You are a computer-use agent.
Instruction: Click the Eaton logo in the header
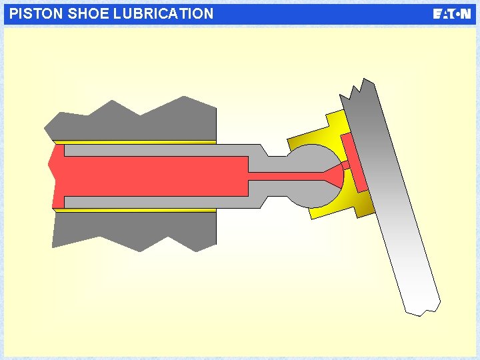point(452,14)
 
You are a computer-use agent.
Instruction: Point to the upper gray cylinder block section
point(133,123)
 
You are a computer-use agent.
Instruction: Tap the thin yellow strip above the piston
point(133,142)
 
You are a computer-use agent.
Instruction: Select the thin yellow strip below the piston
point(133,210)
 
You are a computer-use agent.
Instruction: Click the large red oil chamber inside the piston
point(153,176)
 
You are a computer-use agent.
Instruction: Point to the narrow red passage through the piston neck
point(287,176)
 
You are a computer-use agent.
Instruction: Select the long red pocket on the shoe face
point(355,161)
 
